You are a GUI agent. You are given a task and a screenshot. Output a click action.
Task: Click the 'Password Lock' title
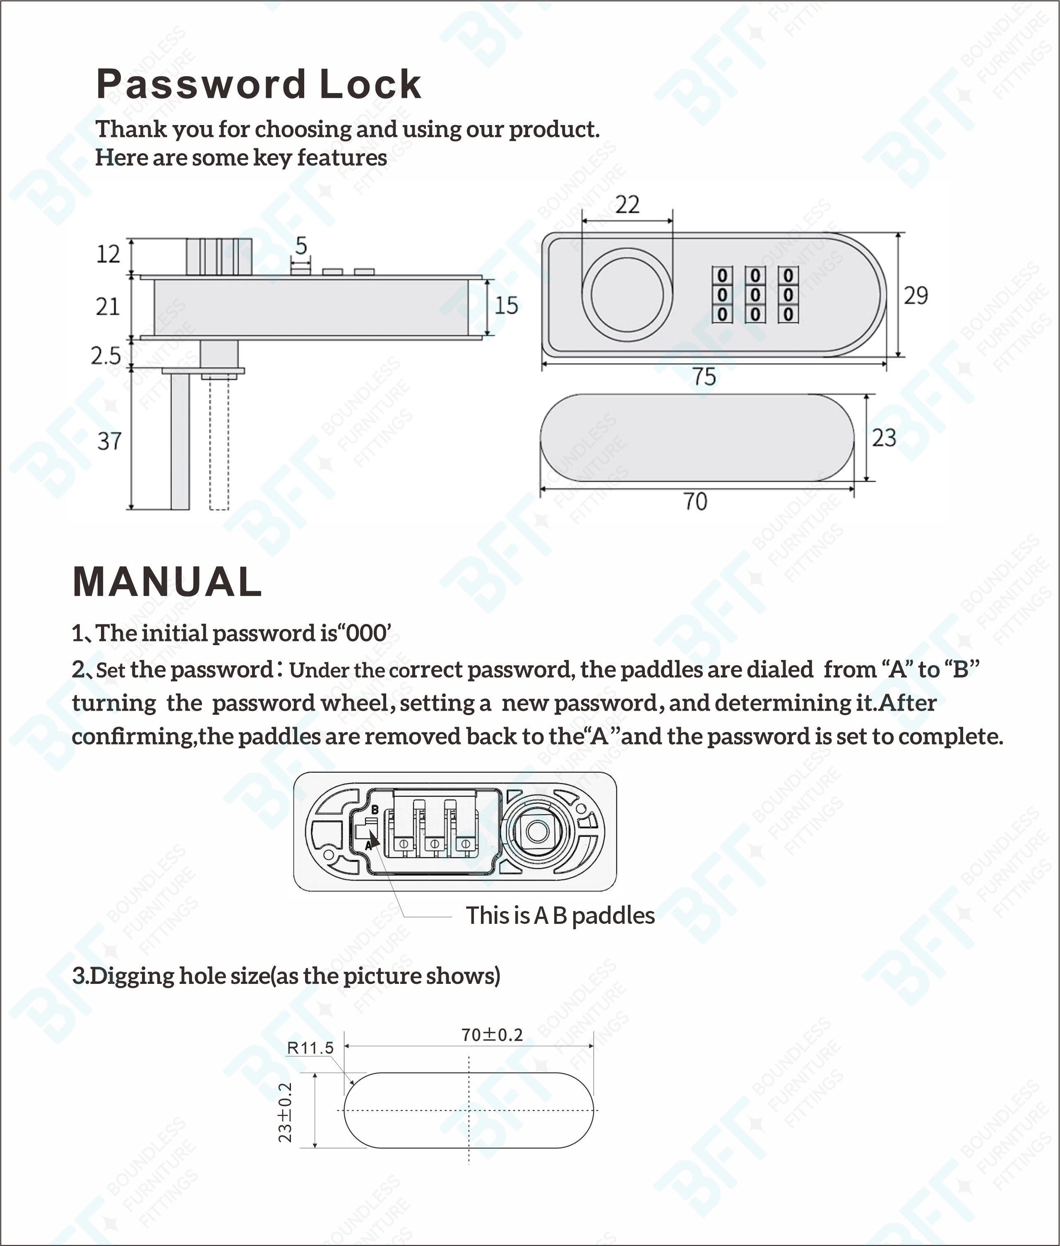pyautogui.click(x=258, y=84)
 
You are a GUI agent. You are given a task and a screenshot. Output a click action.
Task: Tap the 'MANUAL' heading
pyautogui.click(x=167, y=582)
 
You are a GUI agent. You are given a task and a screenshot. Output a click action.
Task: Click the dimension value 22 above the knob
pyautogui.click(x=627, y=205)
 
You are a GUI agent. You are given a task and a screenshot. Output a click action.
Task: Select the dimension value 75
pyautogui.click(x=704, y=377)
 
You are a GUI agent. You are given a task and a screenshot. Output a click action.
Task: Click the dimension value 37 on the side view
pyautogui.click(x=109, y=441)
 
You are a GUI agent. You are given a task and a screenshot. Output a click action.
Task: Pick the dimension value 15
pyautogui.click(x=506, y=305)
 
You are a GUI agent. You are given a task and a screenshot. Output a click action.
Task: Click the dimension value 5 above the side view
pyautogui.click(x=301, y=245)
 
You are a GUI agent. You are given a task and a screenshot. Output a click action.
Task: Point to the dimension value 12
pyautogui.click(x=108, y=254)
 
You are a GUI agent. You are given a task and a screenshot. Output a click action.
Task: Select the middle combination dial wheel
pyautogui.click(x=755, y=294)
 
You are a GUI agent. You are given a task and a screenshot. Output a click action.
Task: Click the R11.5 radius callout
pyautogui.click(x=310, y=1048)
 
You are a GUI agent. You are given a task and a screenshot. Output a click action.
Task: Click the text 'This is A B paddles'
pyautogui.click(x=560, y=916)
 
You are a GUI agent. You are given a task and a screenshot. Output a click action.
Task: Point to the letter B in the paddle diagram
pyautogui.click(x=375, y=810)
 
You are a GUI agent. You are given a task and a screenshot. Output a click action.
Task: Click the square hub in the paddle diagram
pyautogui.click(x=536, y=831)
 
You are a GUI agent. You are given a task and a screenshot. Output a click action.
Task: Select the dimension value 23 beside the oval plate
pyautogui.click(x=884, y=438)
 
